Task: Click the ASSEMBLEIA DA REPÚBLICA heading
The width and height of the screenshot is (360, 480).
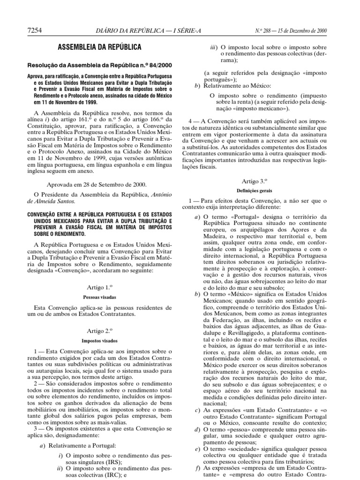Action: pyautogui.click(x=99, y=47)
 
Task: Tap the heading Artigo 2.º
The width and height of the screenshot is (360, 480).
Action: pyautogui.click(x=99, y=330)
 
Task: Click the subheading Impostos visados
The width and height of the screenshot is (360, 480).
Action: pyautogui.click(x=99, y=341)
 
